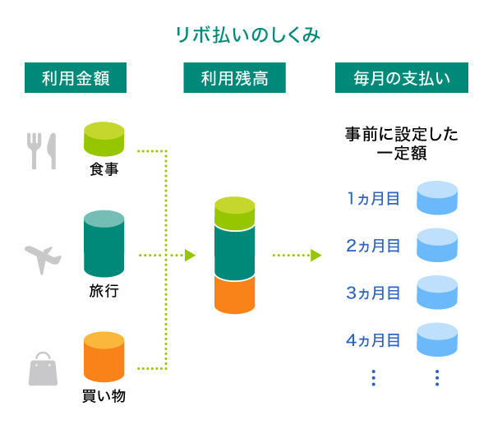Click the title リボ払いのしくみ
(x=247, y=35)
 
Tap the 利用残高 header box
(x=235, y=79)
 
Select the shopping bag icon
(x=44, y=369)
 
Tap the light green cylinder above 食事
(x=104, y=140)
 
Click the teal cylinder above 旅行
(x=104, y=244)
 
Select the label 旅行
(x=104, y=291)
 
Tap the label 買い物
(x=104, y=396)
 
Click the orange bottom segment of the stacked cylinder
(x=235, y=294)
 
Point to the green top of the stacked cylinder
(x=235, y=211)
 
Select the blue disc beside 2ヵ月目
(x=437, y=245)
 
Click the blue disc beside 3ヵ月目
(x=437, y=292)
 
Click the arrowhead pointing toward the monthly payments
(x=316, y=256)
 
